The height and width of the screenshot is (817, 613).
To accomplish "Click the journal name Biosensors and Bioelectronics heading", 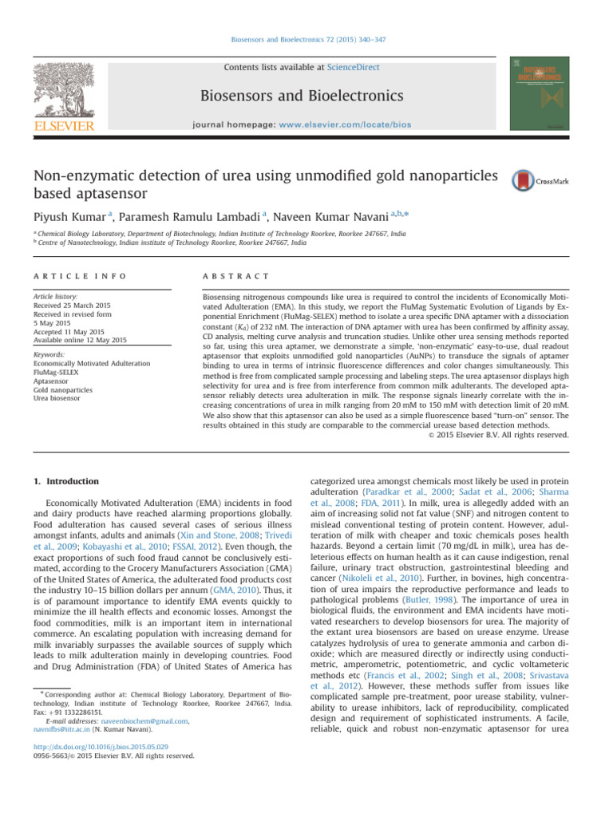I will pyautogui.click(x=306, y=97).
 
